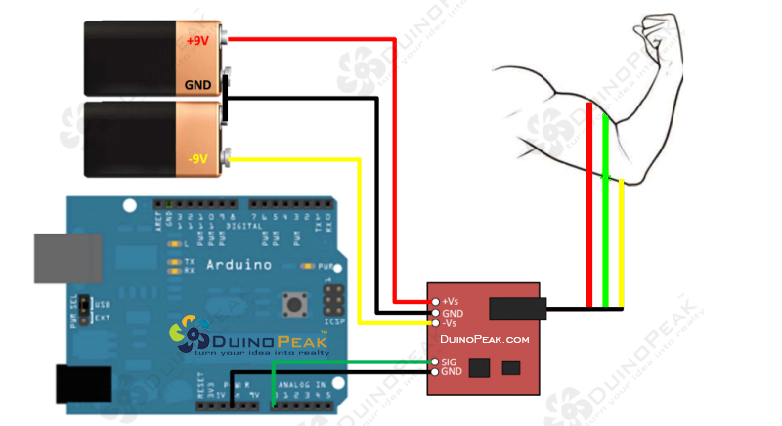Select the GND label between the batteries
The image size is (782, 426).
[x=197, y=85]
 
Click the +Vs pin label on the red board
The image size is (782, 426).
[x=452, y=301]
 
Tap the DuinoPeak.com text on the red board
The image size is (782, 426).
[x=485, y=339]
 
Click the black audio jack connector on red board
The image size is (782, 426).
[x=515, y=310]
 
